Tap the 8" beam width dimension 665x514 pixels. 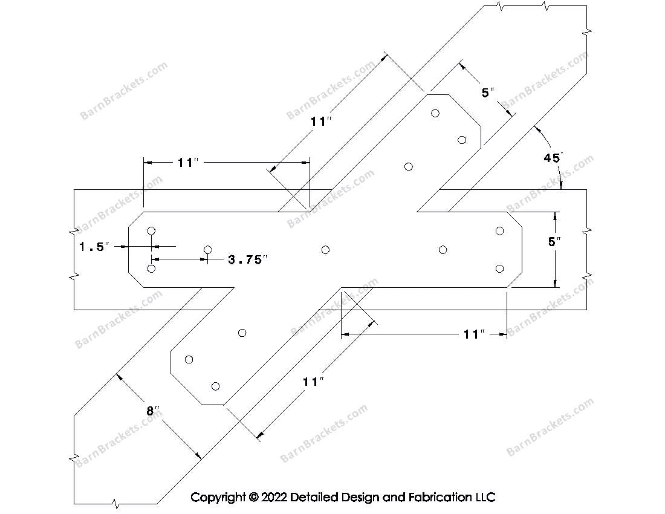click(153, 411)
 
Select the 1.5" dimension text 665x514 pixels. click(94, 246)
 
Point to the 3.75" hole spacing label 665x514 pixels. click(248, 259)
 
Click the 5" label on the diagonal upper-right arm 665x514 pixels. click(488, 93)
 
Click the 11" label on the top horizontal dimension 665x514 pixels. click(188, 163)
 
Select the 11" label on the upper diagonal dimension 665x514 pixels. click(321, 122)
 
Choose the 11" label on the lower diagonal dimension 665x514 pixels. click(313, 382)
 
